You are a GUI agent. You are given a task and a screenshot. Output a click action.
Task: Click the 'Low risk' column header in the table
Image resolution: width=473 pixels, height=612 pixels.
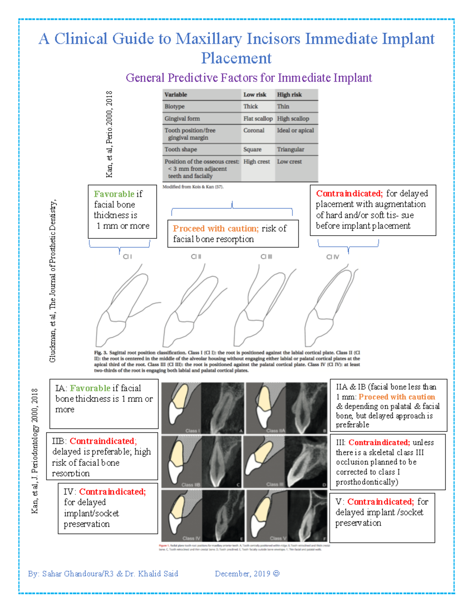tap(255, 95)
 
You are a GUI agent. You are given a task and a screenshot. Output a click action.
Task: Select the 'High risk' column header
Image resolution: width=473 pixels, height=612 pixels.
tap(289, 95)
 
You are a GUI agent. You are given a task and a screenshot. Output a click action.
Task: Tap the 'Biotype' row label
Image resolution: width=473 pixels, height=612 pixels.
tap(175, 106)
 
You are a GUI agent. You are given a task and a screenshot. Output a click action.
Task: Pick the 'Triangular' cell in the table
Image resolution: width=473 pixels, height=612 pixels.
tap(291, 149)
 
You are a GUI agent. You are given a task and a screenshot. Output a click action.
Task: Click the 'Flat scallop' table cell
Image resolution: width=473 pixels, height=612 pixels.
tap(258, 119)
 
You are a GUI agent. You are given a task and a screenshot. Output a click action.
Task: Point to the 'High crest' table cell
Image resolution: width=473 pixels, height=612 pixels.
tap(257, 162)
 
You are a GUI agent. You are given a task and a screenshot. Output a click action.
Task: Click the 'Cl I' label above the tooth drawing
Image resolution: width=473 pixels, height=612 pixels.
tap(127, 257)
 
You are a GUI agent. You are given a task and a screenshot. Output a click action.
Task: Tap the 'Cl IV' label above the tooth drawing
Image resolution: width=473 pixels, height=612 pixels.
tap(332, 257)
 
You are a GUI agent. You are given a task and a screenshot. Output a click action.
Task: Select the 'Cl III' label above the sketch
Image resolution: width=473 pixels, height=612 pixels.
tap(266, 257)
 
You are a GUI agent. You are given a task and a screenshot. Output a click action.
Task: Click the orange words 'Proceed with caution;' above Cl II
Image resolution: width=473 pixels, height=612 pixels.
tap(216, 229)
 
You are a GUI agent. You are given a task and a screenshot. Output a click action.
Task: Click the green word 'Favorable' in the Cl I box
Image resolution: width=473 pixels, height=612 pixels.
tap(114, 194)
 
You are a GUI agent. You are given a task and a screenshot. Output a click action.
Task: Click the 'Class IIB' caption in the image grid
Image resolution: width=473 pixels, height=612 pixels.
tap(191, 484)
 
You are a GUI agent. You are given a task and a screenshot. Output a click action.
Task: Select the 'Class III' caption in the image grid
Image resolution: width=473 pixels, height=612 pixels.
tap(275, 484)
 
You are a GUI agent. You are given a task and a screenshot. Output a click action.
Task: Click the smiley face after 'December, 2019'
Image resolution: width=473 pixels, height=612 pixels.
tap(276, 573)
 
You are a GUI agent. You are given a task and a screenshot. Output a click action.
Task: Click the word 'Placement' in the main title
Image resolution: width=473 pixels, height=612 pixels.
tap(236, 58)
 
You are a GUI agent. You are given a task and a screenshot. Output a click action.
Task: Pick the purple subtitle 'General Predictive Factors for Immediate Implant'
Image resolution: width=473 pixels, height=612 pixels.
tap(249, 78)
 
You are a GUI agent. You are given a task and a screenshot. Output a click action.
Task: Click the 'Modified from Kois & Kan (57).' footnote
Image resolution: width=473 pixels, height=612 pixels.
tap(193, 187)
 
